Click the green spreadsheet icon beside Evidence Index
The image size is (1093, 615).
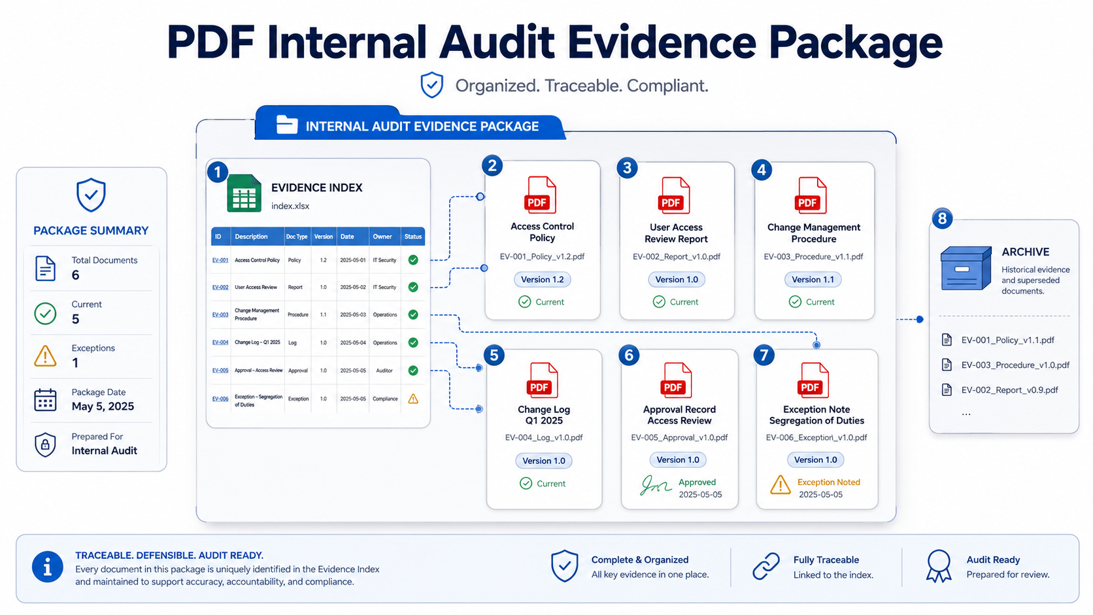(x=244, y=193)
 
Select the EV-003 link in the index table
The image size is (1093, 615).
(x=220, y=314)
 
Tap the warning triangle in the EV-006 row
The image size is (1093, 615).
(x=413, y=399)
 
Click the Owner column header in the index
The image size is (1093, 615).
(x=382, y=237)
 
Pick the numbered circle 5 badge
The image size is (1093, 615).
(x=494, y=355)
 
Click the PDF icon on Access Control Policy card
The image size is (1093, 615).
(x=540, y=195)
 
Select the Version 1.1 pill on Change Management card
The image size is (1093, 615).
(x=813, y=280)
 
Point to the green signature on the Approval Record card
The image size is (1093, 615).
(x=655, y=486)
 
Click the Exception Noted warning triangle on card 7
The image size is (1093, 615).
(x=781, y=486)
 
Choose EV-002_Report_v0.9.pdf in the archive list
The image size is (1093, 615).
(x=1009, y=390)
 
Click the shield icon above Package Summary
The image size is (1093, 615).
(x=92, y=195)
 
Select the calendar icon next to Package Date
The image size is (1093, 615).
(x=45, y=400)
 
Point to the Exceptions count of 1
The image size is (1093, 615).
(x=75, y=363)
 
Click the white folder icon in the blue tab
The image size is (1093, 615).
(x=287, y=125)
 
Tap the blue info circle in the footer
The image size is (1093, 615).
(x=47, y=567)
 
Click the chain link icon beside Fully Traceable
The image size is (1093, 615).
(x=766, y=566)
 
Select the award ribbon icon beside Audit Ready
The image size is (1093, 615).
(x=939, y=566)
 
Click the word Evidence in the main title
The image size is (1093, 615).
(x=662, y=42)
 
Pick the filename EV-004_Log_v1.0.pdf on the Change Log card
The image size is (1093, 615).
(x=544, y=437)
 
